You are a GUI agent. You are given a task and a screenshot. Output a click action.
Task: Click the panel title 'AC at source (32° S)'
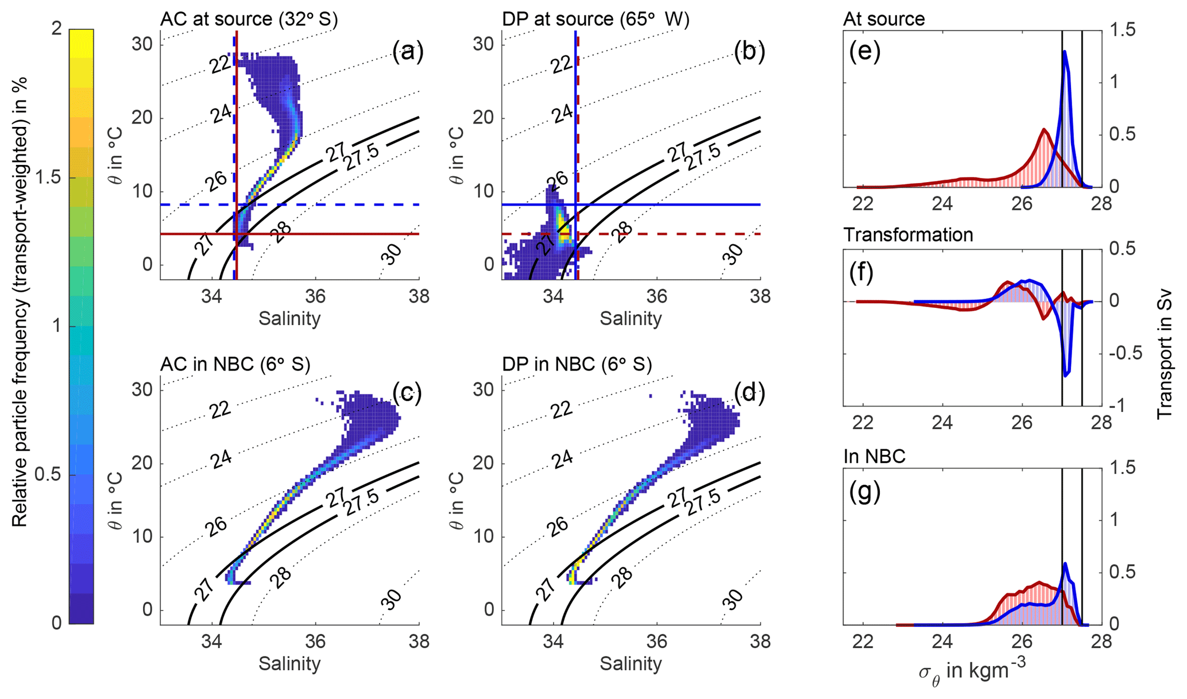point(249,19)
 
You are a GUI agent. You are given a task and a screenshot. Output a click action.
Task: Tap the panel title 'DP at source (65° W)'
point(596,19)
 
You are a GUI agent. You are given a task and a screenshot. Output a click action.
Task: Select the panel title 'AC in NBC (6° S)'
point(235,364)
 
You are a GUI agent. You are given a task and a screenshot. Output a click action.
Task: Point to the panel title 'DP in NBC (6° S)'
point(577,364)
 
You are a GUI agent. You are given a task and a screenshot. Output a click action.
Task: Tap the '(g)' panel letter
point(864,493)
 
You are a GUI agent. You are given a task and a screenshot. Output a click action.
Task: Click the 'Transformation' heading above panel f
point(908,235)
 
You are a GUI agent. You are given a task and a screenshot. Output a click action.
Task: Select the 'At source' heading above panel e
point(884,19)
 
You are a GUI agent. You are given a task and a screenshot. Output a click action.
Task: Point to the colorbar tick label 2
point(56,29)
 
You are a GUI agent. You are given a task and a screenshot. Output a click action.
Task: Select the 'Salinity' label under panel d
point(631,664)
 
